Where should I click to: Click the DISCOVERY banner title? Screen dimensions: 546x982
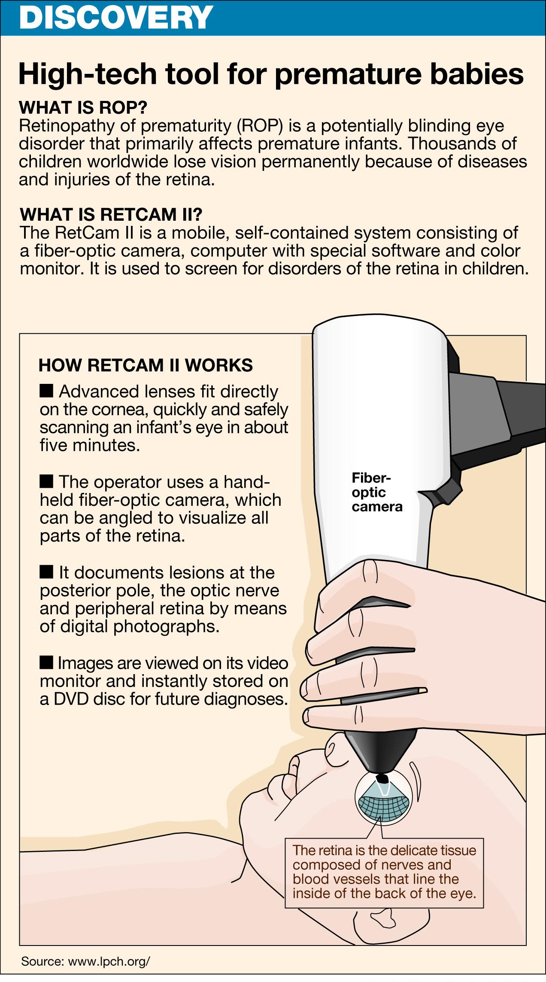coord(116,17)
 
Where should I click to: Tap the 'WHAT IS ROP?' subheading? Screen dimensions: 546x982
coord(83,107)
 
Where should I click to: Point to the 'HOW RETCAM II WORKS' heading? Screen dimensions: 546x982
coord(146,365)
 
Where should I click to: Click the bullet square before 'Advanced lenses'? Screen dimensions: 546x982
coord(46,391)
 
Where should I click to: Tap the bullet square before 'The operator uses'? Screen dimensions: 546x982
coord(46,481)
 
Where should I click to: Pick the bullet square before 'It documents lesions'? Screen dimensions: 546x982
coord(46,572)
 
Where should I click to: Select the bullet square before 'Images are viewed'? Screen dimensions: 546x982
coord(46,662)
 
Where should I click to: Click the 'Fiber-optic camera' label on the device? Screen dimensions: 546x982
coord(377,492)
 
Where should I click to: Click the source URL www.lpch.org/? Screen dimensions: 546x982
coord(109,961)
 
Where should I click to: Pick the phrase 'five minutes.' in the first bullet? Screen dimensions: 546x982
coord(90,446)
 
